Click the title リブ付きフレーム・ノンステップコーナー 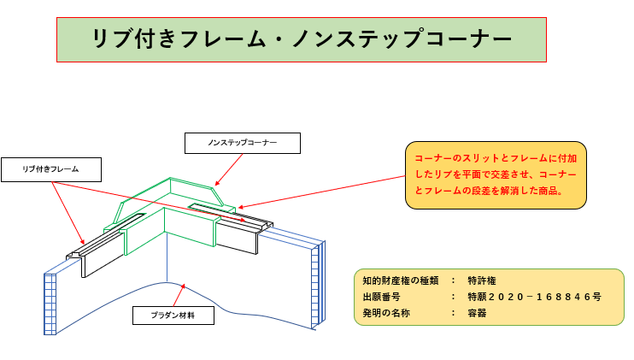click(302, 39)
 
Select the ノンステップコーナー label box click(243, 143)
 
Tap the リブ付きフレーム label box click(51, 169)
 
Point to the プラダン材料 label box click(173, 316)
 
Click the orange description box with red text click(496, 175)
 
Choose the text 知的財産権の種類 click(401, 280)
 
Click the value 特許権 click(484, 280)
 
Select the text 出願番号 click(382, 297)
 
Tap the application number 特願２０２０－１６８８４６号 click(534, 297)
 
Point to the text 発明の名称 click(387, 313)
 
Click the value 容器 click(477, 313)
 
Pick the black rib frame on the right click(238, 234)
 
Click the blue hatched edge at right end click(318, 282)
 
